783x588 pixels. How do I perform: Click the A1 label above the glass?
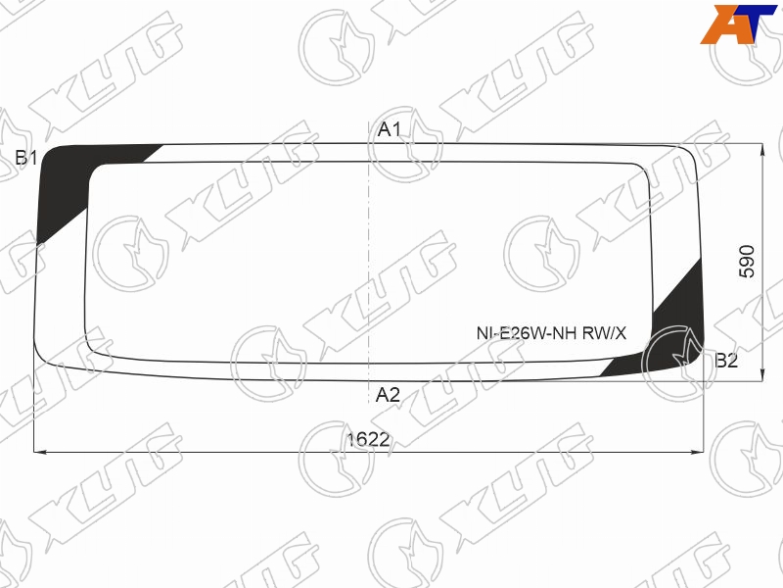click(x=389, y=129)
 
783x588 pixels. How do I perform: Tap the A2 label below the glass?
click(x=388, y=395)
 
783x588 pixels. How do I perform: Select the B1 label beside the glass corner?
click(x=26, y=158)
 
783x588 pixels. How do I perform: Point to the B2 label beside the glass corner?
click(x=726, y=361)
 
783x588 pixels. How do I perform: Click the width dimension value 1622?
click(x=369, y=439)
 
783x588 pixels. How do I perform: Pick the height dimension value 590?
click(x=747, y=261)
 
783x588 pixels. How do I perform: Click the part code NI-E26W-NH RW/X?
click(x=551, y=333)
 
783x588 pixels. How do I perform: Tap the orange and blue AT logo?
click(x=738, y=24)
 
